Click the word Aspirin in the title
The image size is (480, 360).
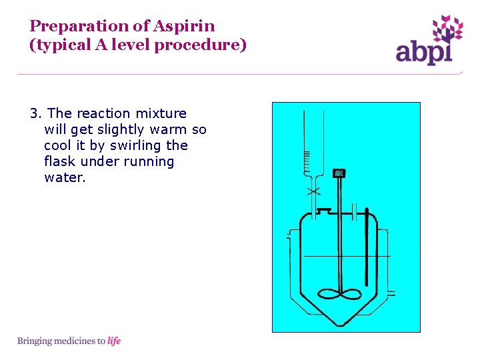pyautogui.click(x=185, y=26)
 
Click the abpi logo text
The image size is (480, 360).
pyautogui.click(x=424, y=52)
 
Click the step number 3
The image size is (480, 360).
pyautogui.click(x=33, y=113)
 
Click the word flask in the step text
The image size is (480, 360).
pyautogui.click(x=61, y=161)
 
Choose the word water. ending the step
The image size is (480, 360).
pyautogui.click(x=65, y=177)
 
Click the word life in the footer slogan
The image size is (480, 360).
pyautogui.click(x=114, y=341)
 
